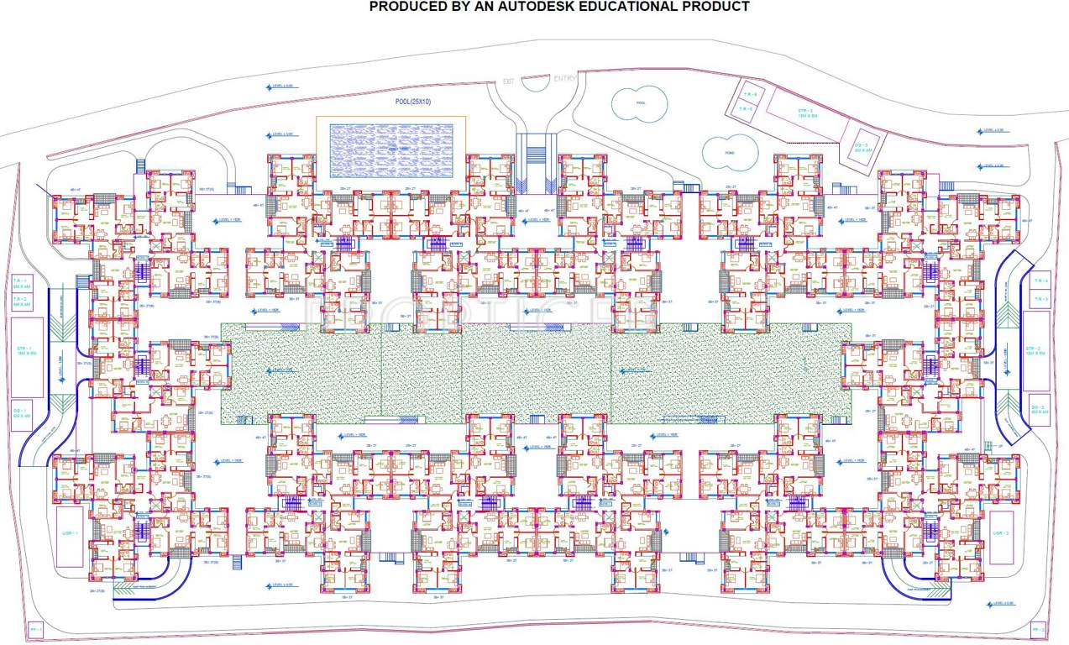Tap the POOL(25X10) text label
(x=412, y=102)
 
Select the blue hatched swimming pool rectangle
(x=390, y=148)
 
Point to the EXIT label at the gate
(x=508, y=81)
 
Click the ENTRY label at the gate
(x=564, y=79)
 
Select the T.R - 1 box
(x=21, y=283)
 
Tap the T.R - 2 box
(x=21, y=302)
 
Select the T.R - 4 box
(x=1040, y=281)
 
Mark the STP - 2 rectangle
(x=1035, y=350)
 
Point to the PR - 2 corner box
(x=1038, y=629)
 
